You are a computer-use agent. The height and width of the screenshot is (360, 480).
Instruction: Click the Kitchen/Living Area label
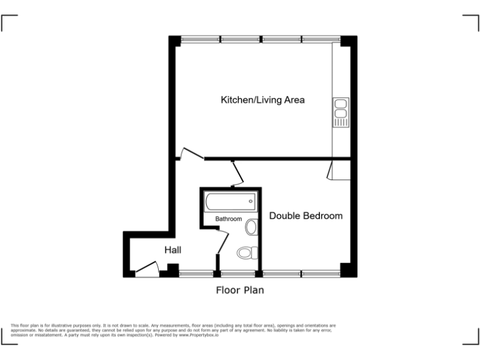click(262, 100)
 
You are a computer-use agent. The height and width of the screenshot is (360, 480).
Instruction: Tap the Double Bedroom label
click(306, 216)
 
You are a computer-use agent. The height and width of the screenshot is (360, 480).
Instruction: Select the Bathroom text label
click(229, 219)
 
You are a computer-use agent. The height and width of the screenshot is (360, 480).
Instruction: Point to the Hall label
click(173, 250)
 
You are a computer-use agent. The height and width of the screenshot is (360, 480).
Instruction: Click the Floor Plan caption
click(240, 290)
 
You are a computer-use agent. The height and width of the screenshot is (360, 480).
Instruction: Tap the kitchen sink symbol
click(341, 112)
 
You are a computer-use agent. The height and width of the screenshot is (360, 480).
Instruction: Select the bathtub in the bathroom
click(231, 202)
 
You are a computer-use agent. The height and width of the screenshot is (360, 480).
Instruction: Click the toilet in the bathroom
click(247, 253)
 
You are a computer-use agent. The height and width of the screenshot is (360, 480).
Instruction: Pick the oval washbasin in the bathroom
click(251, 227)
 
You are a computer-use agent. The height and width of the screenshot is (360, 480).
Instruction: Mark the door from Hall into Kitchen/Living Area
click(191, 154)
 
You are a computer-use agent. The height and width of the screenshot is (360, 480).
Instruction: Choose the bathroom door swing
click(222, 241)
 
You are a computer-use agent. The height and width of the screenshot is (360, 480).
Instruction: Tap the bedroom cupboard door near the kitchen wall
click(329, 171)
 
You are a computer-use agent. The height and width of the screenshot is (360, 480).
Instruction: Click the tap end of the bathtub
click(251, 202)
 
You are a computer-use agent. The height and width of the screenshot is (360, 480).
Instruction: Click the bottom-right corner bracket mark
click(471, 337)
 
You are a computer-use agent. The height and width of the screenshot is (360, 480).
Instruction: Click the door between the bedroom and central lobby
click(236, 173)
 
